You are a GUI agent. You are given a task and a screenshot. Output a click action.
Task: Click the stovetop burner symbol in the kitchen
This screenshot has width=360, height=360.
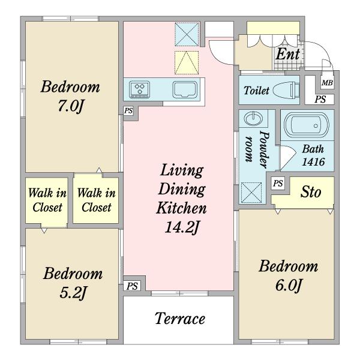pyautogui.click(x=139, y=89)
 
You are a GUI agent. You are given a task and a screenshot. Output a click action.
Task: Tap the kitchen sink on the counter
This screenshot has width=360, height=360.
pyautogui.click(x=185, y=89)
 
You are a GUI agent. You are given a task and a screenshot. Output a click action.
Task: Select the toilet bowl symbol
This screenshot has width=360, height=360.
pyautogui.click(x=286, y=90)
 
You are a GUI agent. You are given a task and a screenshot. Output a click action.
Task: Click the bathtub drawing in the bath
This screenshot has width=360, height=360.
pyautogui.click(x=306, y=125)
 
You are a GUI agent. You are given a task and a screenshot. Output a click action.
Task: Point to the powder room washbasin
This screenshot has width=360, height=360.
pyautogui.click(x=253, y=118)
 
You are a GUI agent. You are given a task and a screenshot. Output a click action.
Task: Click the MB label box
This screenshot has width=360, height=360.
pyautogui.click(x=327, y=83)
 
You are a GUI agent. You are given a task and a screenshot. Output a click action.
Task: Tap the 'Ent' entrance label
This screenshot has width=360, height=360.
pyautogui.click(x=287, y=55)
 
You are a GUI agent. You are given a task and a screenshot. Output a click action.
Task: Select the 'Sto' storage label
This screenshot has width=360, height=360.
pyautogui.click(x=311, y=192)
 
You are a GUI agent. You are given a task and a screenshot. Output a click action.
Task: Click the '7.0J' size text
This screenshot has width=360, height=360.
pyautogui.click(x=70, y=106)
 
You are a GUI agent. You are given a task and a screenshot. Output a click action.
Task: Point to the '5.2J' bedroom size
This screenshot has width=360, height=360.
pyautogui.click(x=73, y=293)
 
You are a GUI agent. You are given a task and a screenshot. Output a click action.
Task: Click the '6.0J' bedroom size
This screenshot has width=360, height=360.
pyautogui.click(x=288, y=286)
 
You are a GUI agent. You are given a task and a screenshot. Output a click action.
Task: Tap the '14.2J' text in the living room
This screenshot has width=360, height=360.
pyautogui.click(x=181, y=227)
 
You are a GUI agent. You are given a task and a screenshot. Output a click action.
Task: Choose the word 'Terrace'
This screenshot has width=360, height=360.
pyautogui.click(x=180, y=319)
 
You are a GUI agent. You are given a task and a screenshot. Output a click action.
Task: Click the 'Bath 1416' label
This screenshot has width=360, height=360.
pyautogui.click(x=313, y=155)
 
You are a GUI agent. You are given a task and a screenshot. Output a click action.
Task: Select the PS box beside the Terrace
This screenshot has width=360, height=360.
pyautogui.click(x=132, y=286)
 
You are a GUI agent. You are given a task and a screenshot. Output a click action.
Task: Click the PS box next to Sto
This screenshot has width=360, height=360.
pyautogui.click(x=278, y=184)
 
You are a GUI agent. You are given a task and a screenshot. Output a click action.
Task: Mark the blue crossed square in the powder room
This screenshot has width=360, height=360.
pyautogui.click(x=251, y=193)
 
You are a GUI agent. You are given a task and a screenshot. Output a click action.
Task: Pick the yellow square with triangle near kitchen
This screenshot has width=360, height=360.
pyautogui.click(x=187, y=62)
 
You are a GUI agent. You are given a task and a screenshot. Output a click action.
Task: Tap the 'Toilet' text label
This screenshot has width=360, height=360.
pyautogui.click(x=256, y=91)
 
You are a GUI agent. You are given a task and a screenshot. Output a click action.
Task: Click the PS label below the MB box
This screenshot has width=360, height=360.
pyautogui.click(x=320, y=99)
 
